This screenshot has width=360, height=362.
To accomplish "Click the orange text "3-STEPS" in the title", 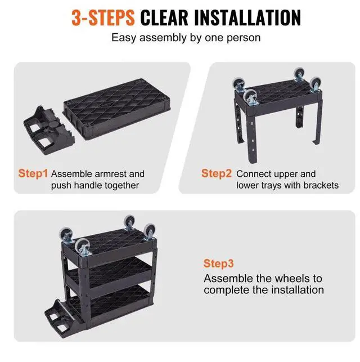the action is pyautogui.click(x=103, y=18).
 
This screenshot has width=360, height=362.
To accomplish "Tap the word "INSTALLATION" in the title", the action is pyautogui.click(x=247, y=18).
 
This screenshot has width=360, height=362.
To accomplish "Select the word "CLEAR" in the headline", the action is pyautogui.click(x=164, y=18).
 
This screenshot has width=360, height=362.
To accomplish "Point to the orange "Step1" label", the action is pyautogui.click(x=33, y=173).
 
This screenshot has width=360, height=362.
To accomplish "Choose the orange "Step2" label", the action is pyautogui.click(x=217, y=173).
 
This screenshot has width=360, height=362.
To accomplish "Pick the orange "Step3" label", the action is pyautogui.click(x=218, y=263).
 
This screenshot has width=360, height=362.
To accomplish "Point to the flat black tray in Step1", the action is pyautogui.click(x=117, y=109).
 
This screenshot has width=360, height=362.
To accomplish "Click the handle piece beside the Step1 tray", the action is pyautogui.click(x=49, y=130).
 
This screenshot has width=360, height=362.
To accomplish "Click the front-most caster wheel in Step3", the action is pyautogui.click(x=83, y=247).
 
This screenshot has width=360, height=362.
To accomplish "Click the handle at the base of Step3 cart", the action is pyautogui.click(x=60, y=318).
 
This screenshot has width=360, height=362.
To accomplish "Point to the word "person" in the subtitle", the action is pyautogui.click(x=244, y=38).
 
